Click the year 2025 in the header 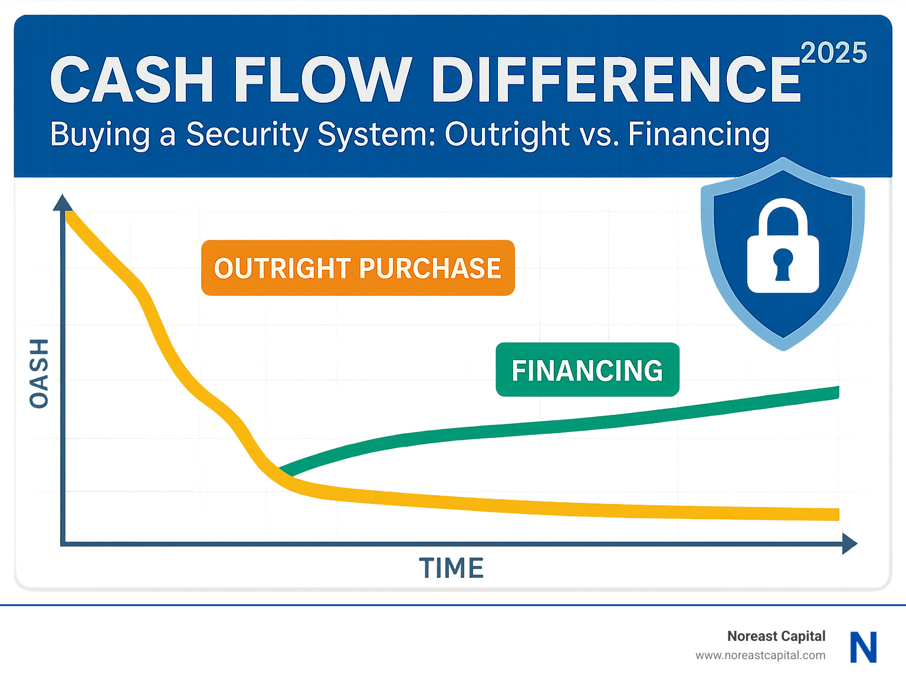pyautogui.click(x=833, y=53)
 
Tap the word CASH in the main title pyautogui.click(x=132, y=80)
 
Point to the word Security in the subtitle pyautogui.click(x=247, y=135)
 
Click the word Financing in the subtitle pyautogui.click(x=698, y=134)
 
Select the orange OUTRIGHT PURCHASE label pyautogui.click(x=357, y=268)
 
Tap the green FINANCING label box pyautogui.click(x=587, y=370)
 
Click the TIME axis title pyautogui.click(x=451, y=568)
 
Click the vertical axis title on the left pyautogui.click(x=39, y=373)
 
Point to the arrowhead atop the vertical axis pyautogui.click(x=63, y=203)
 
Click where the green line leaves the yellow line pyautogui.click(x=282, y=472)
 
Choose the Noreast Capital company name pyautogui.click(x=776, y=636)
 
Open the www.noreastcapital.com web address pyautogui.click(x=760, y=655)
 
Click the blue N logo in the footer pyautogui.click(x=864, y=647)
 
